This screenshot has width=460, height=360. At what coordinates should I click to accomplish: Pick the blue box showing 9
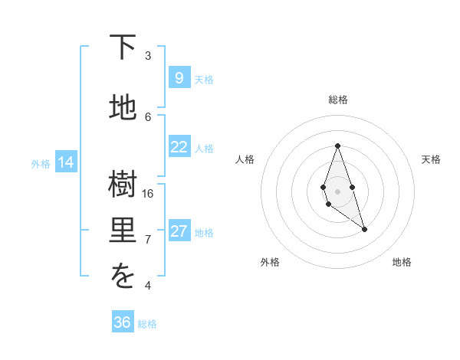point(179,77)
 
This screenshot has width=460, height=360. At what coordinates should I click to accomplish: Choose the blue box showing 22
point(179,147)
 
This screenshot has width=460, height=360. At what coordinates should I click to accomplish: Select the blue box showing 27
point(179,231)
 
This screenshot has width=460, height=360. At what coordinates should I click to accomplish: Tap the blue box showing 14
point(66,162)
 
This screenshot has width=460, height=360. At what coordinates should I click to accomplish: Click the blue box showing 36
point(123,322)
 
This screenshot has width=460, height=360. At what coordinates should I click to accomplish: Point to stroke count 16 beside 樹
point(148,193)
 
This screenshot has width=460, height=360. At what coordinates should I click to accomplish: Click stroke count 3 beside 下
point(148,55)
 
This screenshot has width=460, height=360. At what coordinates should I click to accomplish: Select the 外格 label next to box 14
point(41,163)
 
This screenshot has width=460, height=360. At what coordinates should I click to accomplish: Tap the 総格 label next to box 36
point(147,324)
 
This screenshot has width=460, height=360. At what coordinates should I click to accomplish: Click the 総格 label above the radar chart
point(337,100)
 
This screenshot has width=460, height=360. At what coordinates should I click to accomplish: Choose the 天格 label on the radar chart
point(431,159)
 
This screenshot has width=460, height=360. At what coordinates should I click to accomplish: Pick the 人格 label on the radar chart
point(245,159)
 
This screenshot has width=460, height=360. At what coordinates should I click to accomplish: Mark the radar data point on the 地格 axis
point(364,229)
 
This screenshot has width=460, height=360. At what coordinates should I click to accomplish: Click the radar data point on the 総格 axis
point(337,146)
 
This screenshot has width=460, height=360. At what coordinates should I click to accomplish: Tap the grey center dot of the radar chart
point(337,191)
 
